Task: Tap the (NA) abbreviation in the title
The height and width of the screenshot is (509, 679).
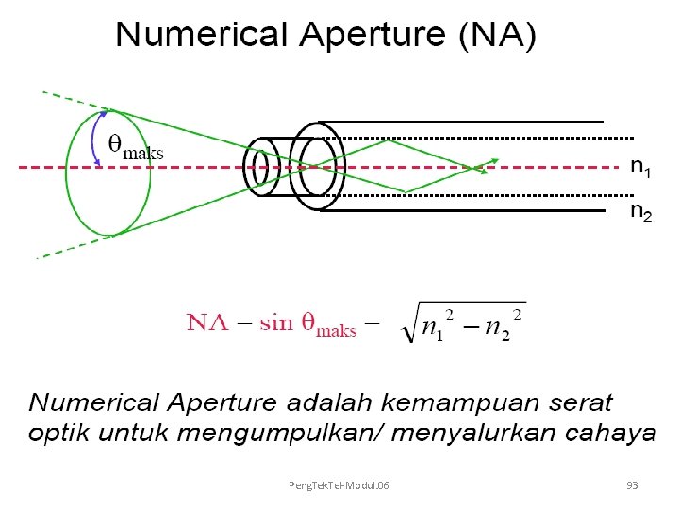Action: [497, 37]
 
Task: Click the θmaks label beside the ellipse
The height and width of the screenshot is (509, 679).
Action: [136, 146]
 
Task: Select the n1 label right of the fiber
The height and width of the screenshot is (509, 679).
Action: [640, 168]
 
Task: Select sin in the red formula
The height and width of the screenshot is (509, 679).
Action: [276, 323]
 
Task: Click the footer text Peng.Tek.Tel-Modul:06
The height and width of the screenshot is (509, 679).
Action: [340, 485]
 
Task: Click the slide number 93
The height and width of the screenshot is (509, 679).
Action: [632, 485]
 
